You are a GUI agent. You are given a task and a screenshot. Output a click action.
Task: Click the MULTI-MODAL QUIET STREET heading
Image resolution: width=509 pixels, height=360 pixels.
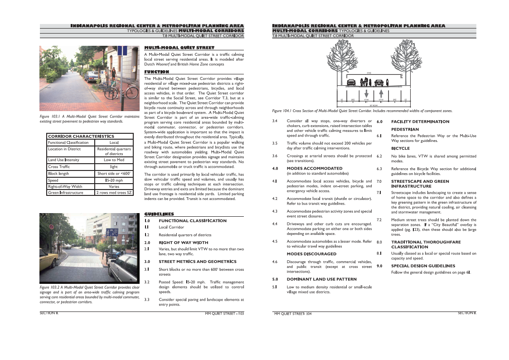coord(179,47)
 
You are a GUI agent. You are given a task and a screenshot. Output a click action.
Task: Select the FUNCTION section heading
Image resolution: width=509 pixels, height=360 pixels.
coord(156,72)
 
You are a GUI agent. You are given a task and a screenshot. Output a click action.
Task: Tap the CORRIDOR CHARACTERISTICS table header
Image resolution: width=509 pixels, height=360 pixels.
coord(81,136)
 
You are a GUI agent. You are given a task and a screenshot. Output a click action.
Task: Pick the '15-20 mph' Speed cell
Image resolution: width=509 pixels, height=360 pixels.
coord(114,180)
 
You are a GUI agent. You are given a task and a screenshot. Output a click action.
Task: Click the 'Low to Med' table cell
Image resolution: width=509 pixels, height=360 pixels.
coord(114,160)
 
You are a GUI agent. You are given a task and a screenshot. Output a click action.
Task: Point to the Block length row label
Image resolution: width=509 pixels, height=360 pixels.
coord(58,173)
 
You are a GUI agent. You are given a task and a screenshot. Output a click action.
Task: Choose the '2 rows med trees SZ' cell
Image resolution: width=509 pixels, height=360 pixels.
coord(114,193)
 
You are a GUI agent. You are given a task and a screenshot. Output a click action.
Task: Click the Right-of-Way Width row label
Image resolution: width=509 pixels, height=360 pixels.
coord(65,186)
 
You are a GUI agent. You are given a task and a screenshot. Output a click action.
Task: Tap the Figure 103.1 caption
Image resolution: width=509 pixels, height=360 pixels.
coord(89,119)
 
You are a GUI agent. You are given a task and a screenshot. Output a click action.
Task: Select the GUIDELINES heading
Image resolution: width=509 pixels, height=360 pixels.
coord(159,214)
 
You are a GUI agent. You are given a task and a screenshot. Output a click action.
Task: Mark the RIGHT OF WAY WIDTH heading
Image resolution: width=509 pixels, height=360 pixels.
coord(183,243)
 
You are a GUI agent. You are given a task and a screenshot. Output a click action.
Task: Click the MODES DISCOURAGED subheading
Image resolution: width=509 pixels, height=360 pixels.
coord(311,254)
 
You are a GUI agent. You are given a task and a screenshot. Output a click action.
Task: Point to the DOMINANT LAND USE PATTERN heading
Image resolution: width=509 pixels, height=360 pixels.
coord(321,279)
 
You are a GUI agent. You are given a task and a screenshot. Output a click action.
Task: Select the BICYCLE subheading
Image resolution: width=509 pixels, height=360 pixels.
coord(400,148)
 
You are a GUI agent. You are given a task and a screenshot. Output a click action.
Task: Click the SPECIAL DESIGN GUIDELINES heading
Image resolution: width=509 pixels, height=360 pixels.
coord(423,266)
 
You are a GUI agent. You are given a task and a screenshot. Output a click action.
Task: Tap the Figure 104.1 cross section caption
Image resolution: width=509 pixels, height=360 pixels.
coord(362,111)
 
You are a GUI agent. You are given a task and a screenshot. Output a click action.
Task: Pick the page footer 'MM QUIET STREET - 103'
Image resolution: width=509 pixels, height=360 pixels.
coord(224,313)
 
